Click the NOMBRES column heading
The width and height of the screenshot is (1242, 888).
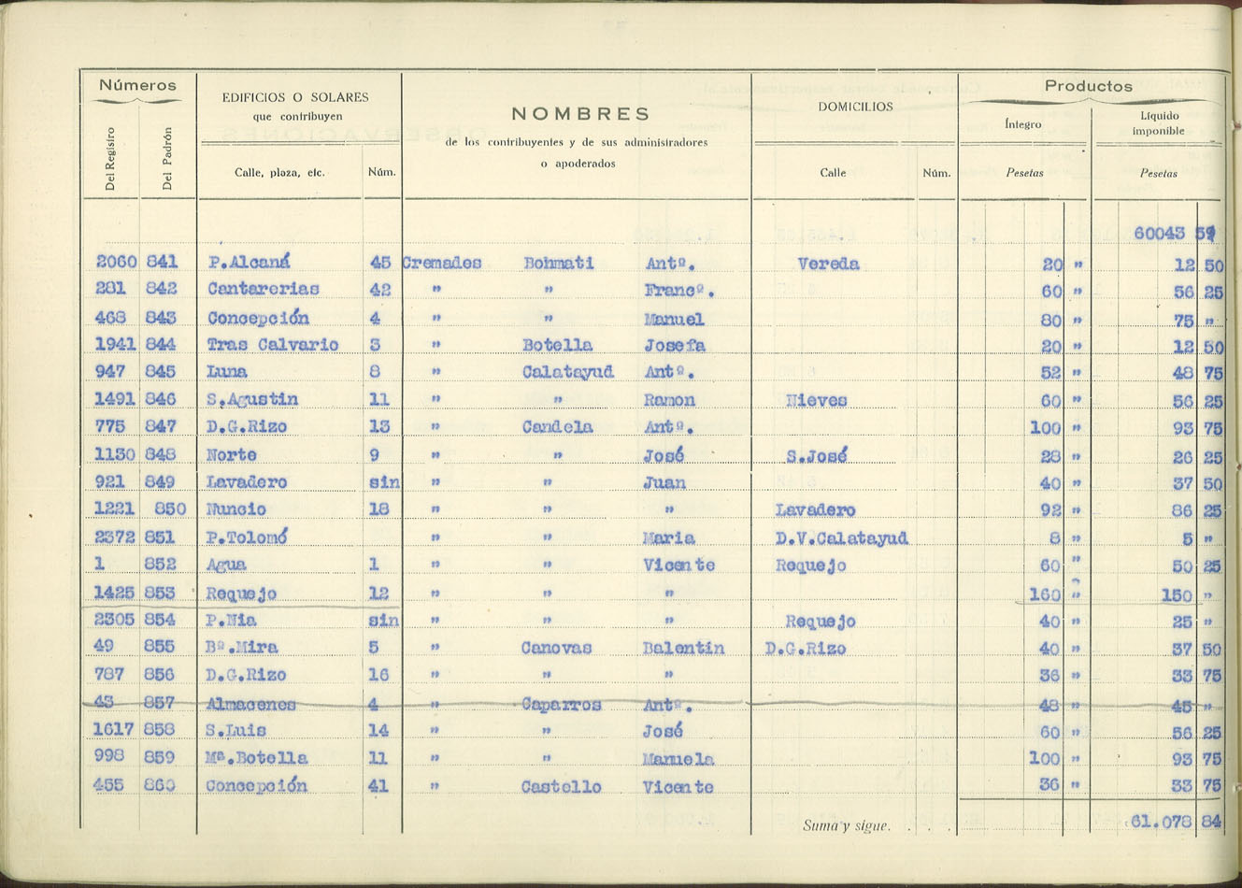pyautogui.click(x=580, y=114)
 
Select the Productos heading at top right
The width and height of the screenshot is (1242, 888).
pyautogui.click(x=1088, y=86)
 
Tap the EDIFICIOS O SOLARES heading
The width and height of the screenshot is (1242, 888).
pyautogui.click(x=295, y=97)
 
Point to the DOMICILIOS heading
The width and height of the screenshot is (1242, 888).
pyautogui.click(x=855, y=107)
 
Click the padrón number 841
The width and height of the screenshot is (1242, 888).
pyautogui.click(x=162, y=262)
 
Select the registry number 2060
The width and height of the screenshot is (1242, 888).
pyautogui.click(x=117, y=262)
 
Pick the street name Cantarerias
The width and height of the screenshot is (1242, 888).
pyautogui.click(x=263, y=289)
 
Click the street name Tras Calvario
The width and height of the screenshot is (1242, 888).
pyautogui.click(x=272, y=345)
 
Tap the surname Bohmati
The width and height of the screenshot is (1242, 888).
pyautogui.click(x=558, y=264)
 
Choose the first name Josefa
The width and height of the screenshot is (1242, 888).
pyautogui.click(x=674, y=346)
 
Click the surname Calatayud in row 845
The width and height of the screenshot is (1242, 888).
pyautogui.click(x=567, y=372)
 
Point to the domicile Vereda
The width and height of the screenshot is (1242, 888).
pyautogui.click(x=828, y=264)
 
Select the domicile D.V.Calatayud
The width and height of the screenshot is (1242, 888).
pyautogui.click(x=841, y=538)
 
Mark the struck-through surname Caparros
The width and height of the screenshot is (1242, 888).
pyautogui.click(x=561, y=704)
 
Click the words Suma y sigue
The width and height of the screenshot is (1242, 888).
pyautogui.click(x=846, y=826)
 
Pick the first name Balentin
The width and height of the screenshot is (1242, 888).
pyautogui.click(x=683, y=648)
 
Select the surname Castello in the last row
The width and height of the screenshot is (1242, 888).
pyautogui.click(x=561, y=787)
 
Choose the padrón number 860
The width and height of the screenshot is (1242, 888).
pyautogui.click(x=160, y=785)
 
